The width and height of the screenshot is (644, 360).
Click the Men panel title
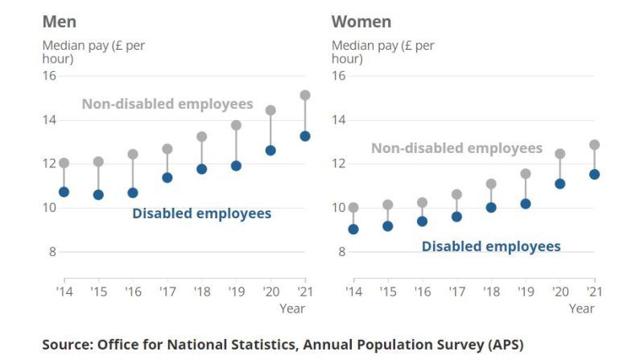(x=60, y=21)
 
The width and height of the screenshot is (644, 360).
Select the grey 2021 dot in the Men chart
(x=305, y=95)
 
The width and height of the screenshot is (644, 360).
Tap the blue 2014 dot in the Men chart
(x=64, y=192)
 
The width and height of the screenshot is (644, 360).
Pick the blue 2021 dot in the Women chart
(x=594, y=174)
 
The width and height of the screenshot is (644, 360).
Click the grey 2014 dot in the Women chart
(x=353, y=207)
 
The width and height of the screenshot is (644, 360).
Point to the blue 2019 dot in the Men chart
(x=237, y=166)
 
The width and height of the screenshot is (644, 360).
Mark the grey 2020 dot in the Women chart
(x=560, y=154)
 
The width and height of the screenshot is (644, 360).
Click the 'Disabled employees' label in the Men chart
(x=201, y=213)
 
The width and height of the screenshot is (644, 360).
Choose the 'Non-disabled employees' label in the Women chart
(x=456, y=148)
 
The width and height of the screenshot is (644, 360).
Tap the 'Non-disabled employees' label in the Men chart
(x=167, y=104)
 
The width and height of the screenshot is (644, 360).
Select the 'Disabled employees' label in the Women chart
(x=491, y=246)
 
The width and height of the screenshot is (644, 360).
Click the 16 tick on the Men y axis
(x=49, y=76)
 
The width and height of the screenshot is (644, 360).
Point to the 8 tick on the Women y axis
(x=341, y=251)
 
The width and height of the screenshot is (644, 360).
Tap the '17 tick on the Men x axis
(x=167, y=291)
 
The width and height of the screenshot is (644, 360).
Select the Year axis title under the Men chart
(x=292, y=308)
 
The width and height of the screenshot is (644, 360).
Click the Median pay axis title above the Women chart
(x=382, y=52)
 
